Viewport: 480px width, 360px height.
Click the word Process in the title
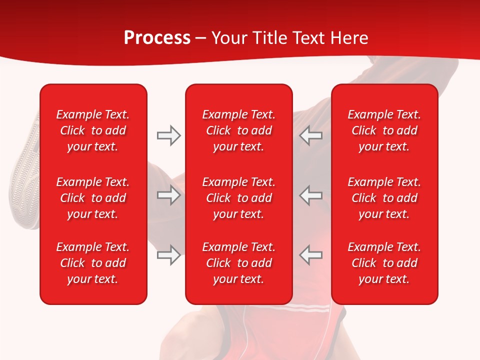157,37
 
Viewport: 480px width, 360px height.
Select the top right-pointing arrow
168,135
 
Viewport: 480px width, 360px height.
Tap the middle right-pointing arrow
168,195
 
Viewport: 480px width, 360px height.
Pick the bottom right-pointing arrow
168,254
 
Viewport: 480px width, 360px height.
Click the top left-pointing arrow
311,135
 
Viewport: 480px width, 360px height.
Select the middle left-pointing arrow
311,195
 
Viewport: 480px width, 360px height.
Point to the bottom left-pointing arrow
311,254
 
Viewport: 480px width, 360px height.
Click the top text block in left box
93,130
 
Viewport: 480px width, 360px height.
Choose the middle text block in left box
93,198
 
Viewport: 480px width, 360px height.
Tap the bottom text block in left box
93,263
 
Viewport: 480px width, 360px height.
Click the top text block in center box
238,130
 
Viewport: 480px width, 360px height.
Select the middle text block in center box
238,198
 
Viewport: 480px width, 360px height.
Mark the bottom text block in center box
238,263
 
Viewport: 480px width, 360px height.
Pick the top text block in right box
384,130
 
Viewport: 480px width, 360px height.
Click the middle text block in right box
384,198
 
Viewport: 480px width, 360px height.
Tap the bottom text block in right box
384,263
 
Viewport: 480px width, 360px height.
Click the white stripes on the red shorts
310,306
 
